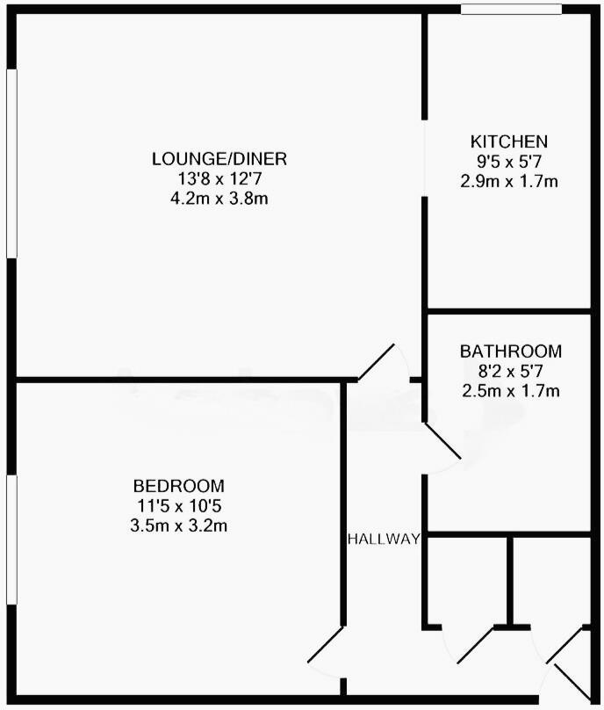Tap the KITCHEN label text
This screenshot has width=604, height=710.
pos(509,141)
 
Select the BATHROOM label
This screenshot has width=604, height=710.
pos(510,351)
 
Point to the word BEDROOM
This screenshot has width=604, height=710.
pos(178,485)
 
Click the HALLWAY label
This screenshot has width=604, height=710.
pos(384,539)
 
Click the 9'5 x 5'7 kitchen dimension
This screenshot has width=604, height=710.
pos(509,162)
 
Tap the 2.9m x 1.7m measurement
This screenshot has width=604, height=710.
pos(509,182)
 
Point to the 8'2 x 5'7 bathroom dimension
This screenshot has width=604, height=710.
pos(510,371)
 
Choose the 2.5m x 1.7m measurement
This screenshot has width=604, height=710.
pos(510,391)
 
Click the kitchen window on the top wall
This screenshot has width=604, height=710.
pos(512,9)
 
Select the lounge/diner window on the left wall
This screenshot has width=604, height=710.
pos(11,163)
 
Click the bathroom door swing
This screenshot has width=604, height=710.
pos(443,445)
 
